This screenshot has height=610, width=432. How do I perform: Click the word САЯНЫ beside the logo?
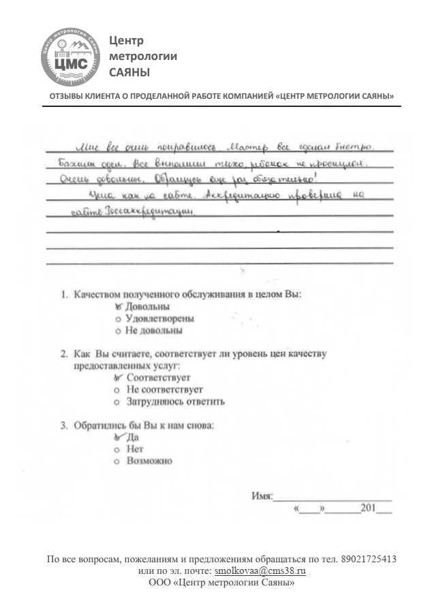pos(129,72)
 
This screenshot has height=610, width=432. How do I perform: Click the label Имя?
pos(262,496)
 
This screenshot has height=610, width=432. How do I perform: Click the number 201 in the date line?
pos(369,509)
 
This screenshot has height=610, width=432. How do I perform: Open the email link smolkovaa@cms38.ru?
pos(260,571)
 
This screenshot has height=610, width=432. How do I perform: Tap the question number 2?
pos(63,354)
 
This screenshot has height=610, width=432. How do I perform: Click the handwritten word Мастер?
pos(251,146)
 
